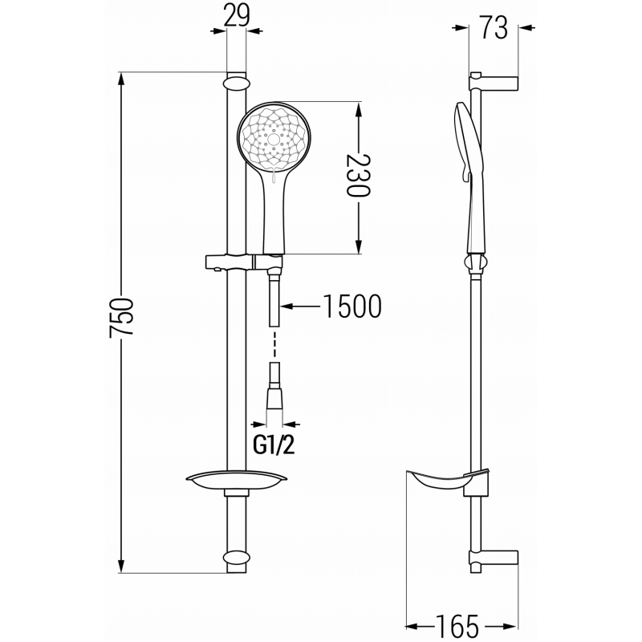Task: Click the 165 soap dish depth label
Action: click(460, 624)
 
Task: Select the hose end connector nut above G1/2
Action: click(274, 399)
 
